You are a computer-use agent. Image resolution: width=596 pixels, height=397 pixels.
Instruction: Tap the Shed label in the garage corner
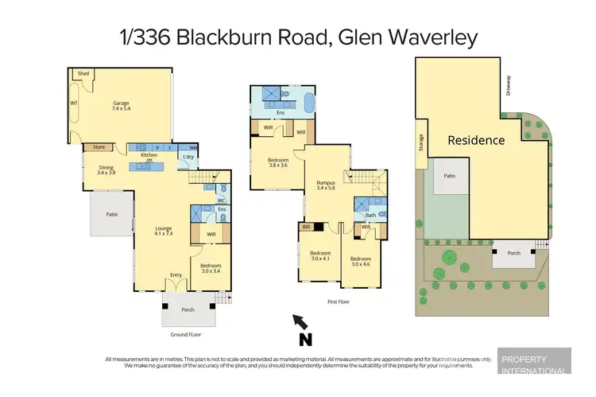83,73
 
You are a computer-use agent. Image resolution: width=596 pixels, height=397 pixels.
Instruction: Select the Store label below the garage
99,147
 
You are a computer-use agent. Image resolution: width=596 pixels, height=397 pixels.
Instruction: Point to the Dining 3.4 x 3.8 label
106,169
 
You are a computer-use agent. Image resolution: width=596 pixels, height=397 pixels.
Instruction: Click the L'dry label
188,157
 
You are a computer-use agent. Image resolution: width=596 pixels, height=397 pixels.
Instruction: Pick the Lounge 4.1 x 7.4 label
163,232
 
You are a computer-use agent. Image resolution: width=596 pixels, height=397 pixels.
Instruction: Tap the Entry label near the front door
176,275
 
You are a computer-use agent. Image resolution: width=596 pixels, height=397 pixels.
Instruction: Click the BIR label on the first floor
305,227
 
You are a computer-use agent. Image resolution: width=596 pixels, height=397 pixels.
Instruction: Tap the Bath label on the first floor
370,215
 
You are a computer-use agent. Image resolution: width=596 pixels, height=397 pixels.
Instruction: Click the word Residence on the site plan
476,140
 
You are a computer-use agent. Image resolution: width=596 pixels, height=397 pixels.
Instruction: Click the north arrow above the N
301,321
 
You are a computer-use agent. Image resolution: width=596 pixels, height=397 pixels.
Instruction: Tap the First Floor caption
338,302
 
